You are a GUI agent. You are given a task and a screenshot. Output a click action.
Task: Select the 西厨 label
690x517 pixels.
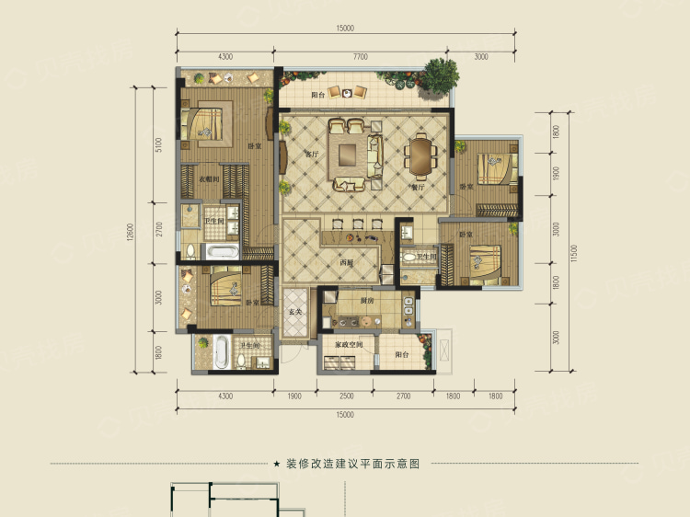346,262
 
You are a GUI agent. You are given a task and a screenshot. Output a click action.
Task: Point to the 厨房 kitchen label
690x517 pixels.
367,301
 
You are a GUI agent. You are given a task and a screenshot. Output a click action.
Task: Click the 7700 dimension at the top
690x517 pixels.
359,57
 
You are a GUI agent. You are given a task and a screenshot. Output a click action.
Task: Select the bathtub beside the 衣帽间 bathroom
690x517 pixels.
221,251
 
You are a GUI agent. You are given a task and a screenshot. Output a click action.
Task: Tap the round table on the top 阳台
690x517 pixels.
346,91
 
